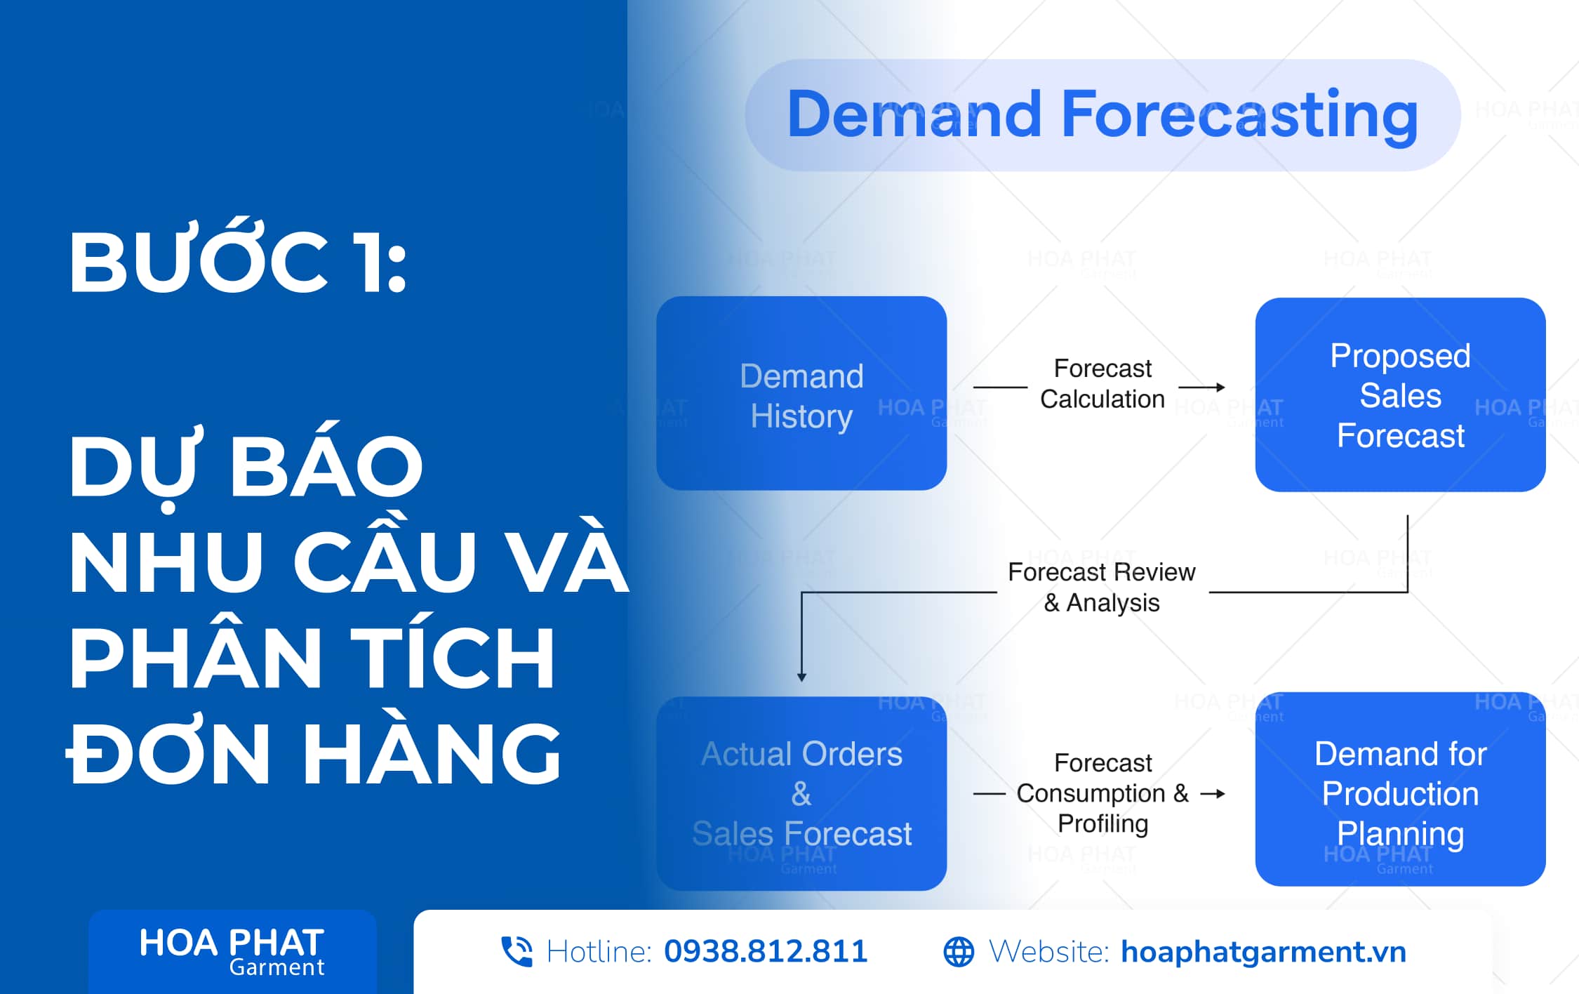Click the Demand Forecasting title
coord(1102,115)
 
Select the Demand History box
coord(801,393)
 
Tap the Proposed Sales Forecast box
coord(1400,395)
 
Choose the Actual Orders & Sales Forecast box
coord(801,793)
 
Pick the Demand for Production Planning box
coord(1400,789)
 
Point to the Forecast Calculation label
coord(1102,383)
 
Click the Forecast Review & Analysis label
coord(1102,588)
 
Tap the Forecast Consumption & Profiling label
coord(1102,793)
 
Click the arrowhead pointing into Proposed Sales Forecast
coord(1220,387)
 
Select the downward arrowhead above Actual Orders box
coord(801,677)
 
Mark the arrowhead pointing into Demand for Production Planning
coord(1220,794)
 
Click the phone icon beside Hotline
coord(517,952)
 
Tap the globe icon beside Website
coord(959,952)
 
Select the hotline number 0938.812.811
coord(766,952)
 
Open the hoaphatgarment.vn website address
coord(1264,953)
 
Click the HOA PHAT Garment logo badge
coord(232,951)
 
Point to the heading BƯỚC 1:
coord(238,257)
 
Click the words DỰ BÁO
coord(246,467)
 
